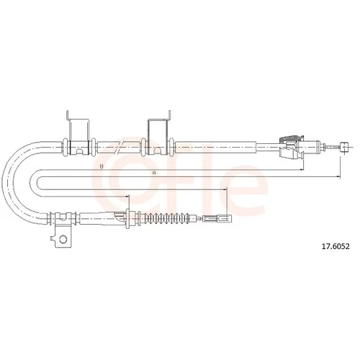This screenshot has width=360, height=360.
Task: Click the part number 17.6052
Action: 336,246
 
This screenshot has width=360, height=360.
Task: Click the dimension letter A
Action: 154,173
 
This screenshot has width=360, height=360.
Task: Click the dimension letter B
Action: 102,166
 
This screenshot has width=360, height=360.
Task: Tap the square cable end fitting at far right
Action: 344,146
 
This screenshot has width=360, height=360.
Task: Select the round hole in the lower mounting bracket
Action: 63,239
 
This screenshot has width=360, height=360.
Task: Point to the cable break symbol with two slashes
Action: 119,147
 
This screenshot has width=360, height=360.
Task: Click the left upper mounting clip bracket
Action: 78,133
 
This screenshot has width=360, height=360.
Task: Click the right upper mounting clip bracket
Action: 159,133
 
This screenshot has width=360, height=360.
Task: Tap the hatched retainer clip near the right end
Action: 290,139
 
